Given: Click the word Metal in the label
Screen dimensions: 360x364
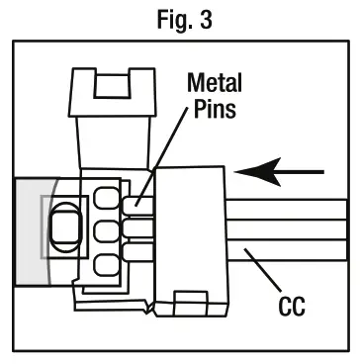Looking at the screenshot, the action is coord(215,82).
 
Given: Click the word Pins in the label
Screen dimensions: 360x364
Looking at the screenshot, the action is coord(215,109).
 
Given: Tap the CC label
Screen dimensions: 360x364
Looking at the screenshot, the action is coord(292,307).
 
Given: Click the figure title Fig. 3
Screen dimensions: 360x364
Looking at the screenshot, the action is coord(185,19).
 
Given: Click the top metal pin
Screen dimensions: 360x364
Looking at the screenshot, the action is coord(138,206).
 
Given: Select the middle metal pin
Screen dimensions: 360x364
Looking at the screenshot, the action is coord(138,228).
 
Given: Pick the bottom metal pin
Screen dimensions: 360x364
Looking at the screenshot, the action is coord(138,251).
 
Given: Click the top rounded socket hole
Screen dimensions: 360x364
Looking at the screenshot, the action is coord(106,198).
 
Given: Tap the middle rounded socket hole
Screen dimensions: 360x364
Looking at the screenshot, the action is coord(106,231).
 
